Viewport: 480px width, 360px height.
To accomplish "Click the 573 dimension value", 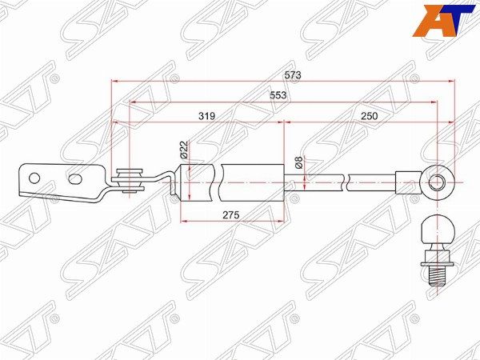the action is click(293, 75).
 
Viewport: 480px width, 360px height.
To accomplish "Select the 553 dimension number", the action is click(278, 95).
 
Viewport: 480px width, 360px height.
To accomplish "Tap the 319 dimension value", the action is click(207, 116).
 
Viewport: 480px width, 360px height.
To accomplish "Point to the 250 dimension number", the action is click(369, 116).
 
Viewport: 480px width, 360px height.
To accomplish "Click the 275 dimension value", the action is click(230, 215).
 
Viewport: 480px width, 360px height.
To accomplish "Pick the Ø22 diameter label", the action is click(184, 150).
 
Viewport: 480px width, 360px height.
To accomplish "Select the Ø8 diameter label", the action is click(299, 162).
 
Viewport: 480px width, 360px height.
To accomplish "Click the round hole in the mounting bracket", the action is click(34, 178).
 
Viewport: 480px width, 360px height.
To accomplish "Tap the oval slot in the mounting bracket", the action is click(75, 179).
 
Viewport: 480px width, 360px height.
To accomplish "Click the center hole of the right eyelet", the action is click(436, 182).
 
